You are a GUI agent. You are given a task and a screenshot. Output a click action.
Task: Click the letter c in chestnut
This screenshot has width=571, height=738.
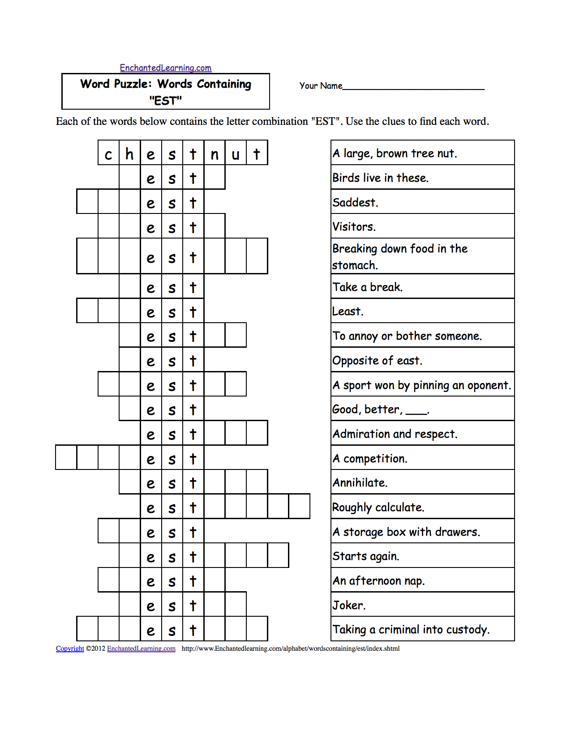pyautogui.click(x=108, y=154)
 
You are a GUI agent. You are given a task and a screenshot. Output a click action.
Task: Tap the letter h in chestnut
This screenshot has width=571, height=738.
pyautogui.click(x=129, y=154)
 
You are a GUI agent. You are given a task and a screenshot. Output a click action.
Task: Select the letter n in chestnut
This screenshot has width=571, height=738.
pyautogui.click(x=215, y=154)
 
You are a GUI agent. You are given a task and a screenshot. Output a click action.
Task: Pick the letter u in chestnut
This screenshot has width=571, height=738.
pyautogui.click(x=236, y=154)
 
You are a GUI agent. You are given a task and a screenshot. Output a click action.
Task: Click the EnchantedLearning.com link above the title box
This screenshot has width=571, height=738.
pyautogui.click(x=165, y=68)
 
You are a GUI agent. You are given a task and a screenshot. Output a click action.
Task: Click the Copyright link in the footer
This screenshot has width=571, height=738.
pyautogui.click(x=70, y=648)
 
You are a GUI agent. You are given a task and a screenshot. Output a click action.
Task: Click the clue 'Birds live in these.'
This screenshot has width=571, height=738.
pyautogui.click(x=380, y=178)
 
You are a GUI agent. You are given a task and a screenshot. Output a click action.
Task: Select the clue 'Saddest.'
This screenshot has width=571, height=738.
pyautogui.click(x=355, y=202)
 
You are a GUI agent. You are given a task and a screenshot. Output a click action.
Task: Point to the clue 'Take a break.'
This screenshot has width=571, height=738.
pyautogui.click(x=367, y=287)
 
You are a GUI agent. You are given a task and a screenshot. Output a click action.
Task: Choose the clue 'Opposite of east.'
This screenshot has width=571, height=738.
pyautogui.click(x=377, y=361)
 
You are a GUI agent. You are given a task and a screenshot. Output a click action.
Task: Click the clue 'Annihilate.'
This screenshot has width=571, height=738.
pyautogui.click(x=360, y=483)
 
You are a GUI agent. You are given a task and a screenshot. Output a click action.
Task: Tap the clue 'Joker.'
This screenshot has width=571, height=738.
pyautogui.click(x=349, y=606)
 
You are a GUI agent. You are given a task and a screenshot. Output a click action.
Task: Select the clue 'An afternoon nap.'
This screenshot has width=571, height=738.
pyautogui.click(x=378, y=581)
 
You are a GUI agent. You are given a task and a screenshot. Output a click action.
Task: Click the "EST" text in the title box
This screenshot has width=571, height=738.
pyautogui.click(x=165, y=101)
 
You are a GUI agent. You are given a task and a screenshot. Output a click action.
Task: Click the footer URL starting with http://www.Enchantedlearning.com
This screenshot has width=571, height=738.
pyautogui.click(x=291, y=648)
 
